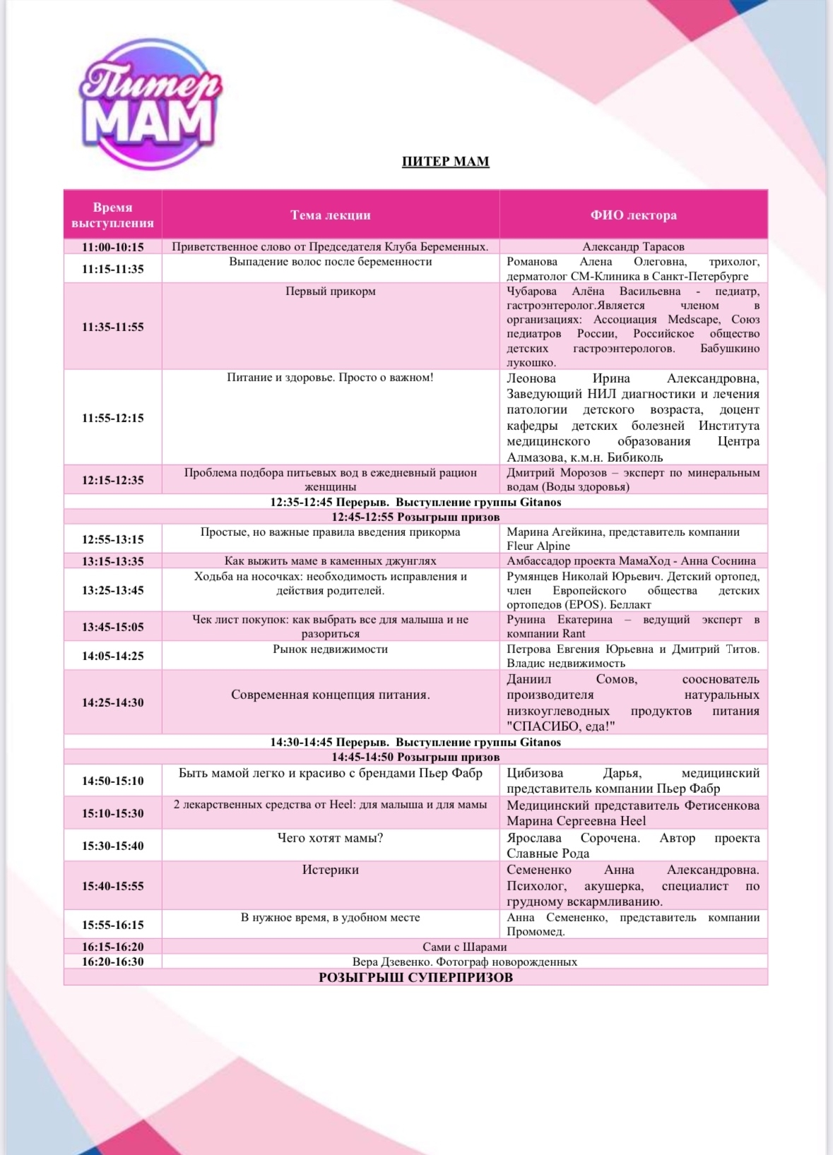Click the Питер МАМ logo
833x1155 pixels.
click(149, 104)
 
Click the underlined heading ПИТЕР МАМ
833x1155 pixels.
click(445, 162)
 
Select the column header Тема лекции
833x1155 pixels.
click(330, 215)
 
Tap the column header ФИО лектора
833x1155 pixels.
click(633, 215)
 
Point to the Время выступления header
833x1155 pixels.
click(112, 215)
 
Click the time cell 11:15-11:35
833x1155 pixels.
click(112, 269)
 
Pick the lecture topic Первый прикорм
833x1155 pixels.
click(330, 291)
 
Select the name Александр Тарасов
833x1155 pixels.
click(633, 247)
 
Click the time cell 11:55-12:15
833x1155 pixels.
click(112, 418)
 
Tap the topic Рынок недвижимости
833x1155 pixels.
click(330, 649)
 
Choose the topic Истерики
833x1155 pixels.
click(330, 870)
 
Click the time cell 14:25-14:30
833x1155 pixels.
click(112, 702)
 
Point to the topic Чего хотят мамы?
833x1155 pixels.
click(330, 838)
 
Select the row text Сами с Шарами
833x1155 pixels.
click(464, 947)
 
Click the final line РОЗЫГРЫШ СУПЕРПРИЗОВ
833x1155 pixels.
click(415, 978)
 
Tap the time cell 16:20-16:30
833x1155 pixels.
click(112, 962)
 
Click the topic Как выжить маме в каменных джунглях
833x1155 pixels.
click(330, 561)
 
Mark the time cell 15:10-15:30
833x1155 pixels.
click(112, 813)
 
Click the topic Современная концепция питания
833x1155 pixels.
click(330, 695)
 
